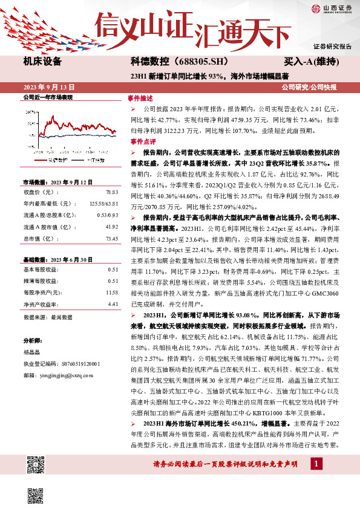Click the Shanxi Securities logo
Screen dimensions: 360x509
pyautogui.click(x=331, y=8)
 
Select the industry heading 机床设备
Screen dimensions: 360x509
pyautogui.click(x=42, y=61)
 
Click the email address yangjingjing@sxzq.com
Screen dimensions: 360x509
pyautogui.click(x=62, y=375)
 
